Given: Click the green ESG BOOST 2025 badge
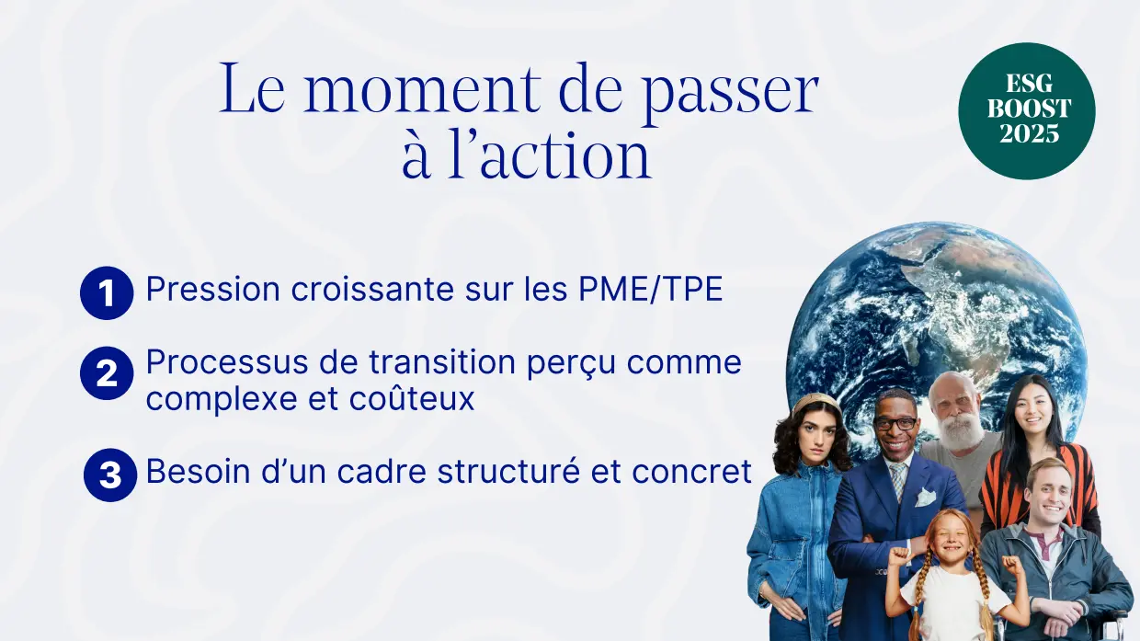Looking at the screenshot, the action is pos(1027,111).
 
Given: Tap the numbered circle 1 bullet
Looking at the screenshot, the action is pos(107,292).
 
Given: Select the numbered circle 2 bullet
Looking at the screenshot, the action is pos(107,373).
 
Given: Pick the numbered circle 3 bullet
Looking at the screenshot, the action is pos(110,475).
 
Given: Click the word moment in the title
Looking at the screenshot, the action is pos(422,88).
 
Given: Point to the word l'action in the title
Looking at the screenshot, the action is pos(549,155).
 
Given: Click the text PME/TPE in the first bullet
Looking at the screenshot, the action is pos(650,289).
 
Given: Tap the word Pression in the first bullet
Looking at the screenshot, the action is pos(213,289).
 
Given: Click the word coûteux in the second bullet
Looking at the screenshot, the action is pos(412,398).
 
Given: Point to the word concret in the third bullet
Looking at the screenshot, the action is pos(691,472).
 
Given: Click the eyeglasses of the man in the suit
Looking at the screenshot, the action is pos(895,423).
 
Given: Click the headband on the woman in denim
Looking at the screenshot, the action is pos(816,402).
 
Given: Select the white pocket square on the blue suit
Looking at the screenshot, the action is pos(925,497).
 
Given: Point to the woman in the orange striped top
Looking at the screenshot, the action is pos(1038,458).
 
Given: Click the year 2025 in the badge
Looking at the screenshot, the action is pos(1029,132).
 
